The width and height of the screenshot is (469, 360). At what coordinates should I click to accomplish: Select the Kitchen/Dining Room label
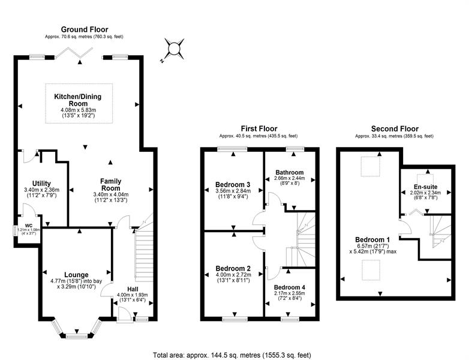coord(78,100)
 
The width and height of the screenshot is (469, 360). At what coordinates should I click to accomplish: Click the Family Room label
coord(110,185)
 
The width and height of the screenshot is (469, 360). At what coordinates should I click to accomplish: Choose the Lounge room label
coord(76,275)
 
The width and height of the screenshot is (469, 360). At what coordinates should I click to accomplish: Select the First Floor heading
coord(259,128)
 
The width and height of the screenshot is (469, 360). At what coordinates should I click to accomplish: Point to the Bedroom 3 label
coord(233,184)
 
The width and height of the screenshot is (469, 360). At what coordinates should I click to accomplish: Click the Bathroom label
coord(290,172)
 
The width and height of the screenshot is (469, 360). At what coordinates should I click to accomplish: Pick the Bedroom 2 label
coord(232,268)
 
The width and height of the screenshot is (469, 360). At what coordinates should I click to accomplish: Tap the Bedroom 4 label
coord(290,287)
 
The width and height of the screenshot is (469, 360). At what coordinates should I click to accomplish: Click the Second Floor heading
coord(395,128)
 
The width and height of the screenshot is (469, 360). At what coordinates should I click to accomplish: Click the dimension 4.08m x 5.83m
coord(78,110)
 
